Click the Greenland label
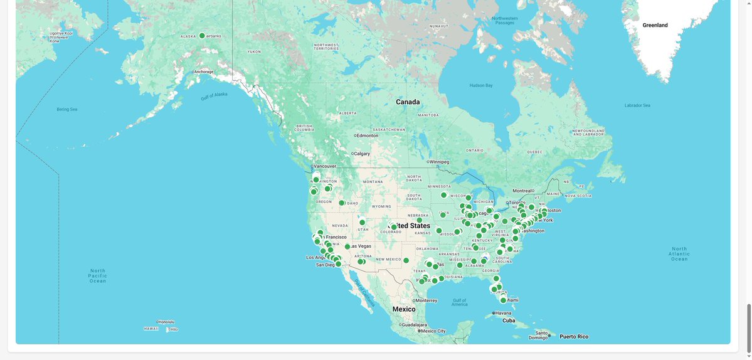click(x=655, y=25)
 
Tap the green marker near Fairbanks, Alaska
click(x=202, y=36)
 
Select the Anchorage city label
click(x=204, y=71)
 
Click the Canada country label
click(x=408, y=102)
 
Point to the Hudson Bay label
click(x=480, y=85)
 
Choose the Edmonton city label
click(x=368, y=135)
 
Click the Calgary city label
click(x=362, y=154)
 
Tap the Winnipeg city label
click(x=439, y=162)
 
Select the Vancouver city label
click(x=325, y=166)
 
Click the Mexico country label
click(x=404, y=309)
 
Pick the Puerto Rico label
click(x=574, y=337)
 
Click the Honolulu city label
click(x=166, y=322)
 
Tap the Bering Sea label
click(x=67, y=109)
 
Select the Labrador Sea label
click(x=637, y=105)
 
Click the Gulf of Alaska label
click(x=213, y=96)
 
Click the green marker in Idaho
click(x=342, y=203)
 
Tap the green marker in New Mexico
click(x=406, y=260)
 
